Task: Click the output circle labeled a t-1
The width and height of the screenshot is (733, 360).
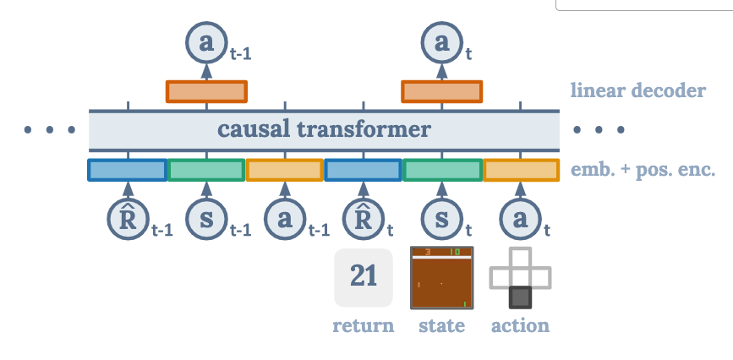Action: pyautogui.click(x=205, y=43)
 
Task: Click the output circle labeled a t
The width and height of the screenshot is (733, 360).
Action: pyautogui.click(x=441, y=43)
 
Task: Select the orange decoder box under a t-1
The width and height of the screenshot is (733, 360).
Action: pyautogui.click(x=206, y=91)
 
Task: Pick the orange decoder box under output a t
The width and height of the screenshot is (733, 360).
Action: pyautogui.click(x=441, y=91)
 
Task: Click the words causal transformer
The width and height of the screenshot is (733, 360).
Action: pyautogui.click(x=324, y=130)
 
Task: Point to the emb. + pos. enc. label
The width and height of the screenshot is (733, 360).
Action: pyautogui.click(x=643, y=170)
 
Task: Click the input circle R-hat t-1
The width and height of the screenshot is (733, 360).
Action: pyautogui.click(x=128, y=220)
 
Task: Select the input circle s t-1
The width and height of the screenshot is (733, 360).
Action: pyautogui.click(x=205, y=220)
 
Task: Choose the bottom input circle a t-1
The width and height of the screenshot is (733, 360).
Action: pyautogui.click(x=284, y=220)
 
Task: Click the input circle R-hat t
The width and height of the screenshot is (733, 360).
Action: pyautogui.click(x=363, y=220)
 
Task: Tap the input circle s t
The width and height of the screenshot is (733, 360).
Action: pyautogui.click(x=441, y=220)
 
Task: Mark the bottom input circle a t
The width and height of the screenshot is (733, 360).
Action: pyautogui.click(x=520, y=220)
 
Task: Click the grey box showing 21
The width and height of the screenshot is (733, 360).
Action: pyautogui.click(x=364, y=277)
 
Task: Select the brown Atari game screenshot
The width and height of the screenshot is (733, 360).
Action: pyautogui.click(x=441, y=277)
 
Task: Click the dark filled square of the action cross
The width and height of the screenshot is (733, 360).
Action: pyautogui.click(x=520, y=297)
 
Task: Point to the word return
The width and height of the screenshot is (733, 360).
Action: pyautogui.click(x=364, y=325)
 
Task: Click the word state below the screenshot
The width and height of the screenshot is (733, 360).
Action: pyautogui.click(x=441, y=325)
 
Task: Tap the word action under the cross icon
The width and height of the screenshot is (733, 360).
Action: pyautogui.click(x=520, y=325)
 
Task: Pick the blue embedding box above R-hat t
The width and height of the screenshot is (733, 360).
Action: pyautogui.click(x=363, y=170)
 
